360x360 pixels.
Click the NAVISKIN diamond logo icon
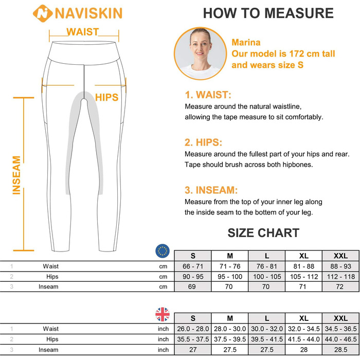coord(43,13)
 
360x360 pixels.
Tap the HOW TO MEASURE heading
coord(268,13)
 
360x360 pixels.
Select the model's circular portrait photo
coord(200,53)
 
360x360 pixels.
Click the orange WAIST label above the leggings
coord(83,32)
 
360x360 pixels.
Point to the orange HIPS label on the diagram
coord(107,97)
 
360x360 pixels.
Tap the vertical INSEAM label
coord(16,175)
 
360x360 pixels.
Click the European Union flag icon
coord(163,251)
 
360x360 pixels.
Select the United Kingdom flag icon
coord(163,314)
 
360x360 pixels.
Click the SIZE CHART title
coord(263,233)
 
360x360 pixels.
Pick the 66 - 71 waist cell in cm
coord(193,266)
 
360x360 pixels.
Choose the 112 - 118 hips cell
coord(341,277)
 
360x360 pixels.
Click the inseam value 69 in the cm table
coord(192,286)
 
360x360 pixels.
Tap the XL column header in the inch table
coord(304,318)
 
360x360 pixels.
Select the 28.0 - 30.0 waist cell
coord(230,329)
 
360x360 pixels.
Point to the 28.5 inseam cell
coord(340,349)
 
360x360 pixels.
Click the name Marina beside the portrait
coord(246,43)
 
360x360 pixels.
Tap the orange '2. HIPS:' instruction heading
coord(204,142)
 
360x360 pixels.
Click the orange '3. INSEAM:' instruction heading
coord(211,190)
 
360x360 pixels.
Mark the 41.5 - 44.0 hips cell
coord(304,339)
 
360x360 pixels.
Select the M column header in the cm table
coord(230,256)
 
